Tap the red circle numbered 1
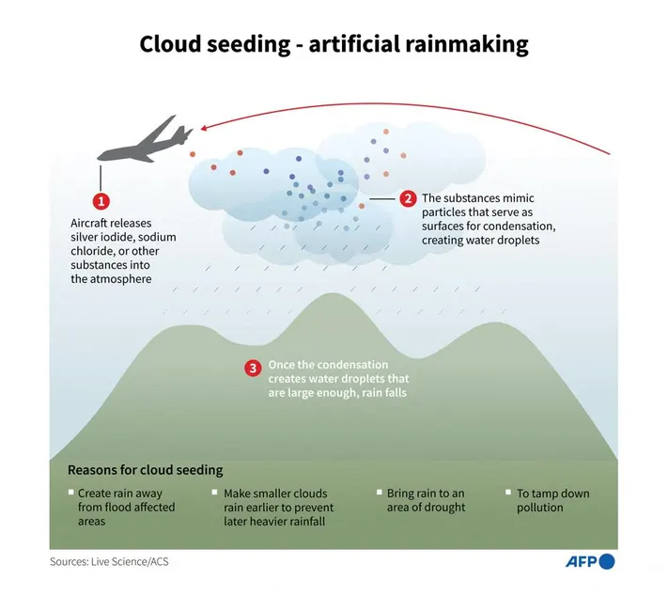(x=101, y=200)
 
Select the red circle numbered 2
(x=408, y=198)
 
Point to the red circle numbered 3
(x=252, y=368)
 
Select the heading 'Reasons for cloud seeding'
(x=145, y=469)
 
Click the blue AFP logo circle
(x=607, y=562)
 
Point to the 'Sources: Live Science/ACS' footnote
(x=110, y=562)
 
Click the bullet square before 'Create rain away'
(x=70, y=493)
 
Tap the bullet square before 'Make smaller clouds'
(x=215, y=493)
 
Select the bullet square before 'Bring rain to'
(x=378, y=493)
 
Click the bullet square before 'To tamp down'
(x=507, y=493)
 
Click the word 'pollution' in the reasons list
(x=540, y=508)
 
